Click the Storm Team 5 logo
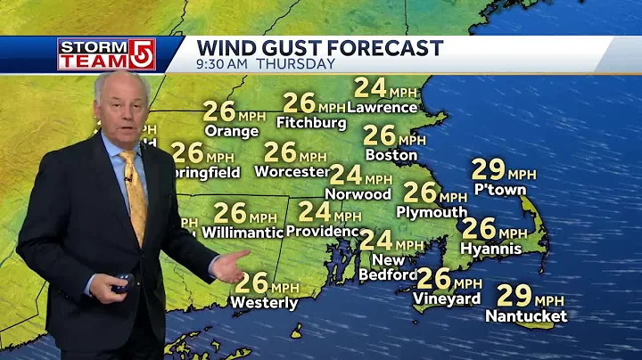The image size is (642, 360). coord(106,53)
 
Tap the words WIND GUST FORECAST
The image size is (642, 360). coord(319,47)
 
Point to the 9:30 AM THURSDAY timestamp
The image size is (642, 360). coord(266,64)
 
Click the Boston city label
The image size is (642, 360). coord(391,155)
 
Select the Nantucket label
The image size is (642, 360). coord(526,315)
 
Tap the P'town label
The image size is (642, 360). coord(499,189)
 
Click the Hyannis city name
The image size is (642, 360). coord(491,249)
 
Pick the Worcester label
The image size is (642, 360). coord(292,171)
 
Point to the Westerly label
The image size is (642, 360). coord(264,303)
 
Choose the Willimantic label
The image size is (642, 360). coord(242,232)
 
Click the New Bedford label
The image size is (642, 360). coord(388,266)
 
